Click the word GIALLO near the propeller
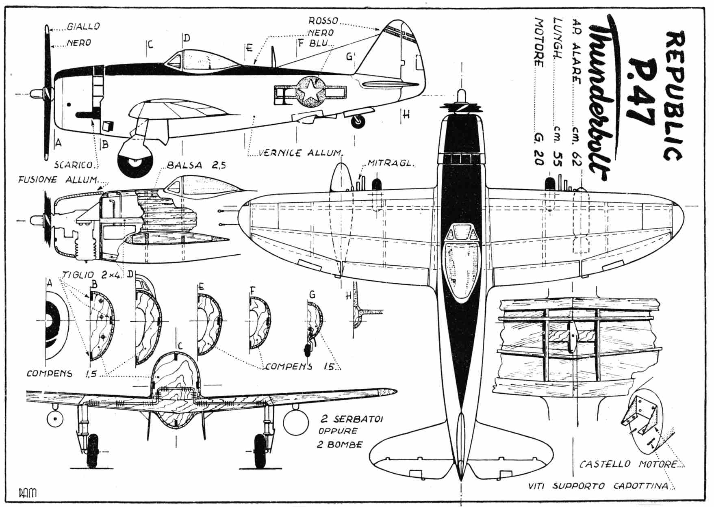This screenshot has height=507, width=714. [x=83, y=27]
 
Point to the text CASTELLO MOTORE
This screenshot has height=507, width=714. [x=628, y=464]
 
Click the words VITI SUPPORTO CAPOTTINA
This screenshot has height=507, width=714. [x=599, y=486]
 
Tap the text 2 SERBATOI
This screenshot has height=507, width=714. [x=350, y=419]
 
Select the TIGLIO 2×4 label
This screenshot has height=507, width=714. [x=91, y=274]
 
